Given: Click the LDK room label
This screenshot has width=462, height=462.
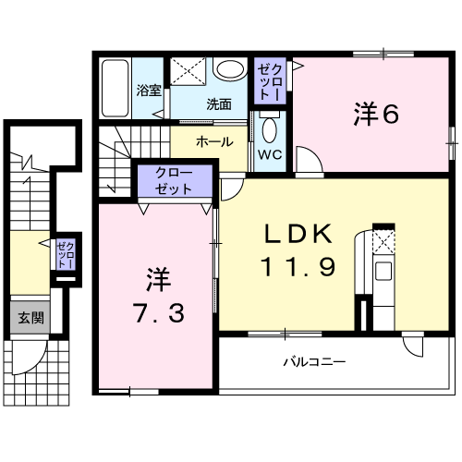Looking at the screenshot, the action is tap(298, 234).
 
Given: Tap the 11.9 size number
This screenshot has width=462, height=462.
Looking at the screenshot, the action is tap(298, 267).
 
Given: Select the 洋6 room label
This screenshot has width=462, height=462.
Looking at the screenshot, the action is tap(376, 115).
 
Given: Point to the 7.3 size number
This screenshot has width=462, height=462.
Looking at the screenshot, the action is tap(159, 313).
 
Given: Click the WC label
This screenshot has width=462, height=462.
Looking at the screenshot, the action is tap(270, 154).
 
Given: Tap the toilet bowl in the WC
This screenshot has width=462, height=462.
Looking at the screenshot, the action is tap(270, 130).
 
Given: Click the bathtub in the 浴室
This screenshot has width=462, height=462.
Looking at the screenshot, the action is tap(115, 88).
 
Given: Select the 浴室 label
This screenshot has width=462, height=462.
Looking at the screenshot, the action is tap(149, 91).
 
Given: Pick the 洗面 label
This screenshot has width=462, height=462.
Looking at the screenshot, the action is tap(219, 104).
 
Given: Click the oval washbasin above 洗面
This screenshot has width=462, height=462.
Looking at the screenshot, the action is tap(231, 68).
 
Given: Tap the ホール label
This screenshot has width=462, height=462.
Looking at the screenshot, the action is tap(214, 142).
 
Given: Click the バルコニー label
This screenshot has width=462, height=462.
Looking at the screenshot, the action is tap(314, 361).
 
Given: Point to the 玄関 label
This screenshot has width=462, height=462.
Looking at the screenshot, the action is tap(30, 318).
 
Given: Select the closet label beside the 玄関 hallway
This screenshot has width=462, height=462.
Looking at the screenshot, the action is tap(66, 255).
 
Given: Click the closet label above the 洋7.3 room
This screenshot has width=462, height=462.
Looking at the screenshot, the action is tap(174, 181).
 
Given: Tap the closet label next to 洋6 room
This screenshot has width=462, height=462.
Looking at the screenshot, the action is tap(270, 82).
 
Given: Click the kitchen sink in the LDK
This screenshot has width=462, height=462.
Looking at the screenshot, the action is tap(383, 271).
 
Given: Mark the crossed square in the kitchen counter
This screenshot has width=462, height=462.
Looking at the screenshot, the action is tap(383, 242).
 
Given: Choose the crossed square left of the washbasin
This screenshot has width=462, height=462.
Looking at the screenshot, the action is tap(188, 71).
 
